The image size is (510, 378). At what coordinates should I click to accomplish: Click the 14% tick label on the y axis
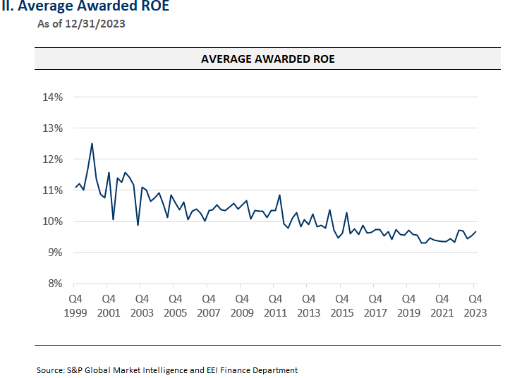point(53,97)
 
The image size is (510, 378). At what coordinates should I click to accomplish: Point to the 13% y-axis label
point(53,128)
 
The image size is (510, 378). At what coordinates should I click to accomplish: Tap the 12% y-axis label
point(53,159)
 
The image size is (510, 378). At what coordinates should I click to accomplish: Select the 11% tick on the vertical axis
point(53,190)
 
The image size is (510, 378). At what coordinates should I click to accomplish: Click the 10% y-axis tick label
point(53,221)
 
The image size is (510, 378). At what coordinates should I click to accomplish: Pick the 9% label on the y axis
point(55,252)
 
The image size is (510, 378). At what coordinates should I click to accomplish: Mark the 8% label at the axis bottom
point(55,283)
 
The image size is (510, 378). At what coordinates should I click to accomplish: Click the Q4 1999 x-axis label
point(75,305)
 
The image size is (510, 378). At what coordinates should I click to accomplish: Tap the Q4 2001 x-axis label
point(109,305)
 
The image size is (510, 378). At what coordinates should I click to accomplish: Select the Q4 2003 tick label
point(142,305)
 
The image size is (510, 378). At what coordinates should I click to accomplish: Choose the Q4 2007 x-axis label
point(209,305)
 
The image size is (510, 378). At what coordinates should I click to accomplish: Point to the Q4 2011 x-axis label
point(276,305)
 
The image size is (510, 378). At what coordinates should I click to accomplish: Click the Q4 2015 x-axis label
point(342,305)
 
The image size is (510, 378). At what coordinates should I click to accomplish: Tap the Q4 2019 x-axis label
point(409,305)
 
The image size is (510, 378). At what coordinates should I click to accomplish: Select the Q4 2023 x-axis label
point(475,305)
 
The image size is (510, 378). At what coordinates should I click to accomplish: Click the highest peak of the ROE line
point(92,144)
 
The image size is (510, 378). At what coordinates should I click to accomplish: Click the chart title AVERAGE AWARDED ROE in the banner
point(267,59)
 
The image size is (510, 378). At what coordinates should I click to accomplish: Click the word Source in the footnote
point(51,370)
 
